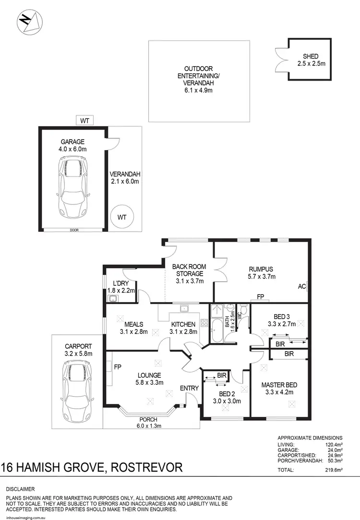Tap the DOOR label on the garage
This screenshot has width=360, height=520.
(x=74, y=230)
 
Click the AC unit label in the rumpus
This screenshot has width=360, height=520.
(x=302, y=286)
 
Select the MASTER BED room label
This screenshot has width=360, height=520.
(x=279, y=385)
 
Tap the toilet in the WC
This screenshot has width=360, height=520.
(x=244, y=311)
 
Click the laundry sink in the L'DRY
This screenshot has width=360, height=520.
(x=113, y=300)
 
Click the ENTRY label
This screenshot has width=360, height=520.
(x=188, y=388)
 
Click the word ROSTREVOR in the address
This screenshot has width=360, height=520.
(x=148, y=467)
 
